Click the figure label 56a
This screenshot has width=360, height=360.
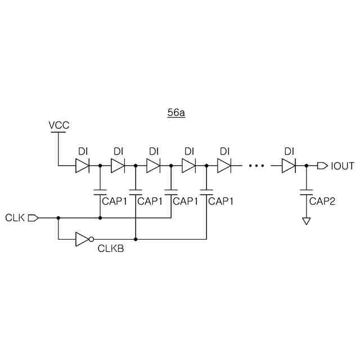pyautogui.click(x=176, y=112)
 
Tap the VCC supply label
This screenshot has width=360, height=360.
pyautogui.click(x=59, y=125)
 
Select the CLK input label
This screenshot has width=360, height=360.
pyautogui.click(x=15, y=217)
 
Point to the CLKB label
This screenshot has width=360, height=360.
pyautogui.click(x=110, y=248)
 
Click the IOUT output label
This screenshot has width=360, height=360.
pyautogui.click(x=343, y=166)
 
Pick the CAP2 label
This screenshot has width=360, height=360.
pyautogui.click(x=322, y=201)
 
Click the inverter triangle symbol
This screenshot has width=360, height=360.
pyautogui.click(x=82, y=239)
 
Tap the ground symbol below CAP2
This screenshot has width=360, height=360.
pyautogui.click(x=306, y=221)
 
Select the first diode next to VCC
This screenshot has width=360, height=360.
pyautogui.click(x=82, y=166)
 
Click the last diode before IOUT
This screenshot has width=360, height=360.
pyautogui.click(x=289, y=166)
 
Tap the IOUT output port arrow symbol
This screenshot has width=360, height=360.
pyautogui.click(x=322, y=166)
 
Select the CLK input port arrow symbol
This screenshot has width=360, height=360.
pyautogui.click(x=33, y=217)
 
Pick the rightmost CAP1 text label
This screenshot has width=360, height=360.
pyautogui.click(x=221, y=201)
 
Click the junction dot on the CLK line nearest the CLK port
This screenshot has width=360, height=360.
pyautogui.click(x=58, y=217)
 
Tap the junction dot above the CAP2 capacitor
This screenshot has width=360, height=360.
pyautogui.click(x=306, y=166)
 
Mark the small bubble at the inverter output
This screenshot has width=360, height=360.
pyautogui.click(x=91, y=239)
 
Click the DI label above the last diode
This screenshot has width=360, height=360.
pyautogui.click(x=289, y=151)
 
